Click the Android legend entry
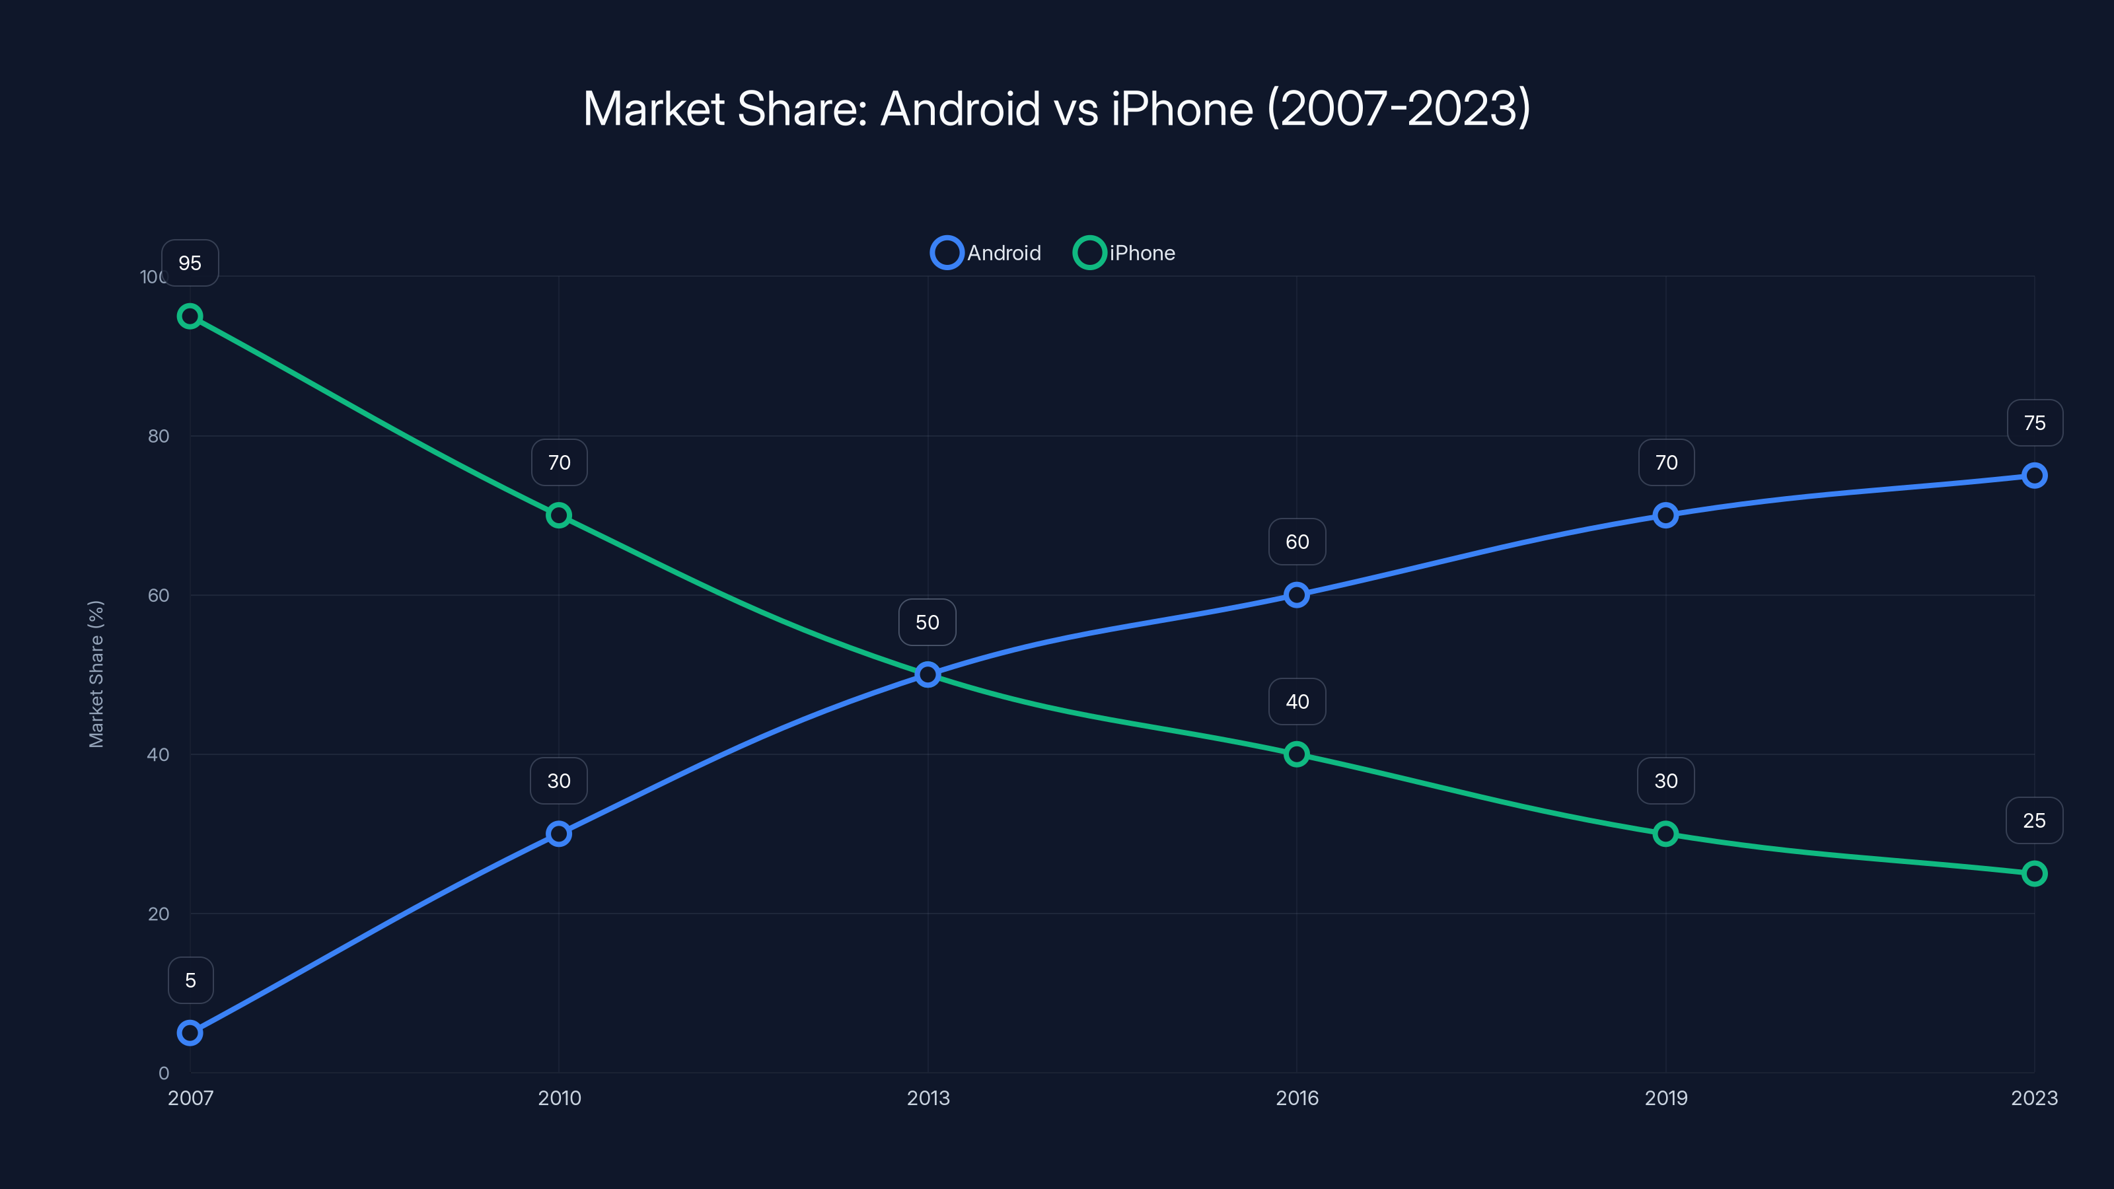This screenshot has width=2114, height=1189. tap(986, 253)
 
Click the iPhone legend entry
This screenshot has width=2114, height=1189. tap(1125, 253)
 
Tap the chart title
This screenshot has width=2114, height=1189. tap(1056, 108)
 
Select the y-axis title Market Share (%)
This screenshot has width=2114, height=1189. tap(96, 674)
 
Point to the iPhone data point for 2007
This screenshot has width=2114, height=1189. tap(190, 316)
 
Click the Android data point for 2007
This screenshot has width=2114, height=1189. tap(190, 1032)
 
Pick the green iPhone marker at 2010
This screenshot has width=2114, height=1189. tap(559, 515)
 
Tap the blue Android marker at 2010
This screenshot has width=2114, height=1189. tap(559, 834)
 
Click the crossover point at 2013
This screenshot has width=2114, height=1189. tap(928, 674)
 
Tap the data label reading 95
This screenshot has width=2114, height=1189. tap(190, 264)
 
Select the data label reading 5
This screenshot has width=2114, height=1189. tap(190, 980)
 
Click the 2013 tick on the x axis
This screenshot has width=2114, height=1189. tap(928, 1098)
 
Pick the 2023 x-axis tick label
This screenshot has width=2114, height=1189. tap(2033, 1098)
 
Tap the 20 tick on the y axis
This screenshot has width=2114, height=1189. tap(159, 914)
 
